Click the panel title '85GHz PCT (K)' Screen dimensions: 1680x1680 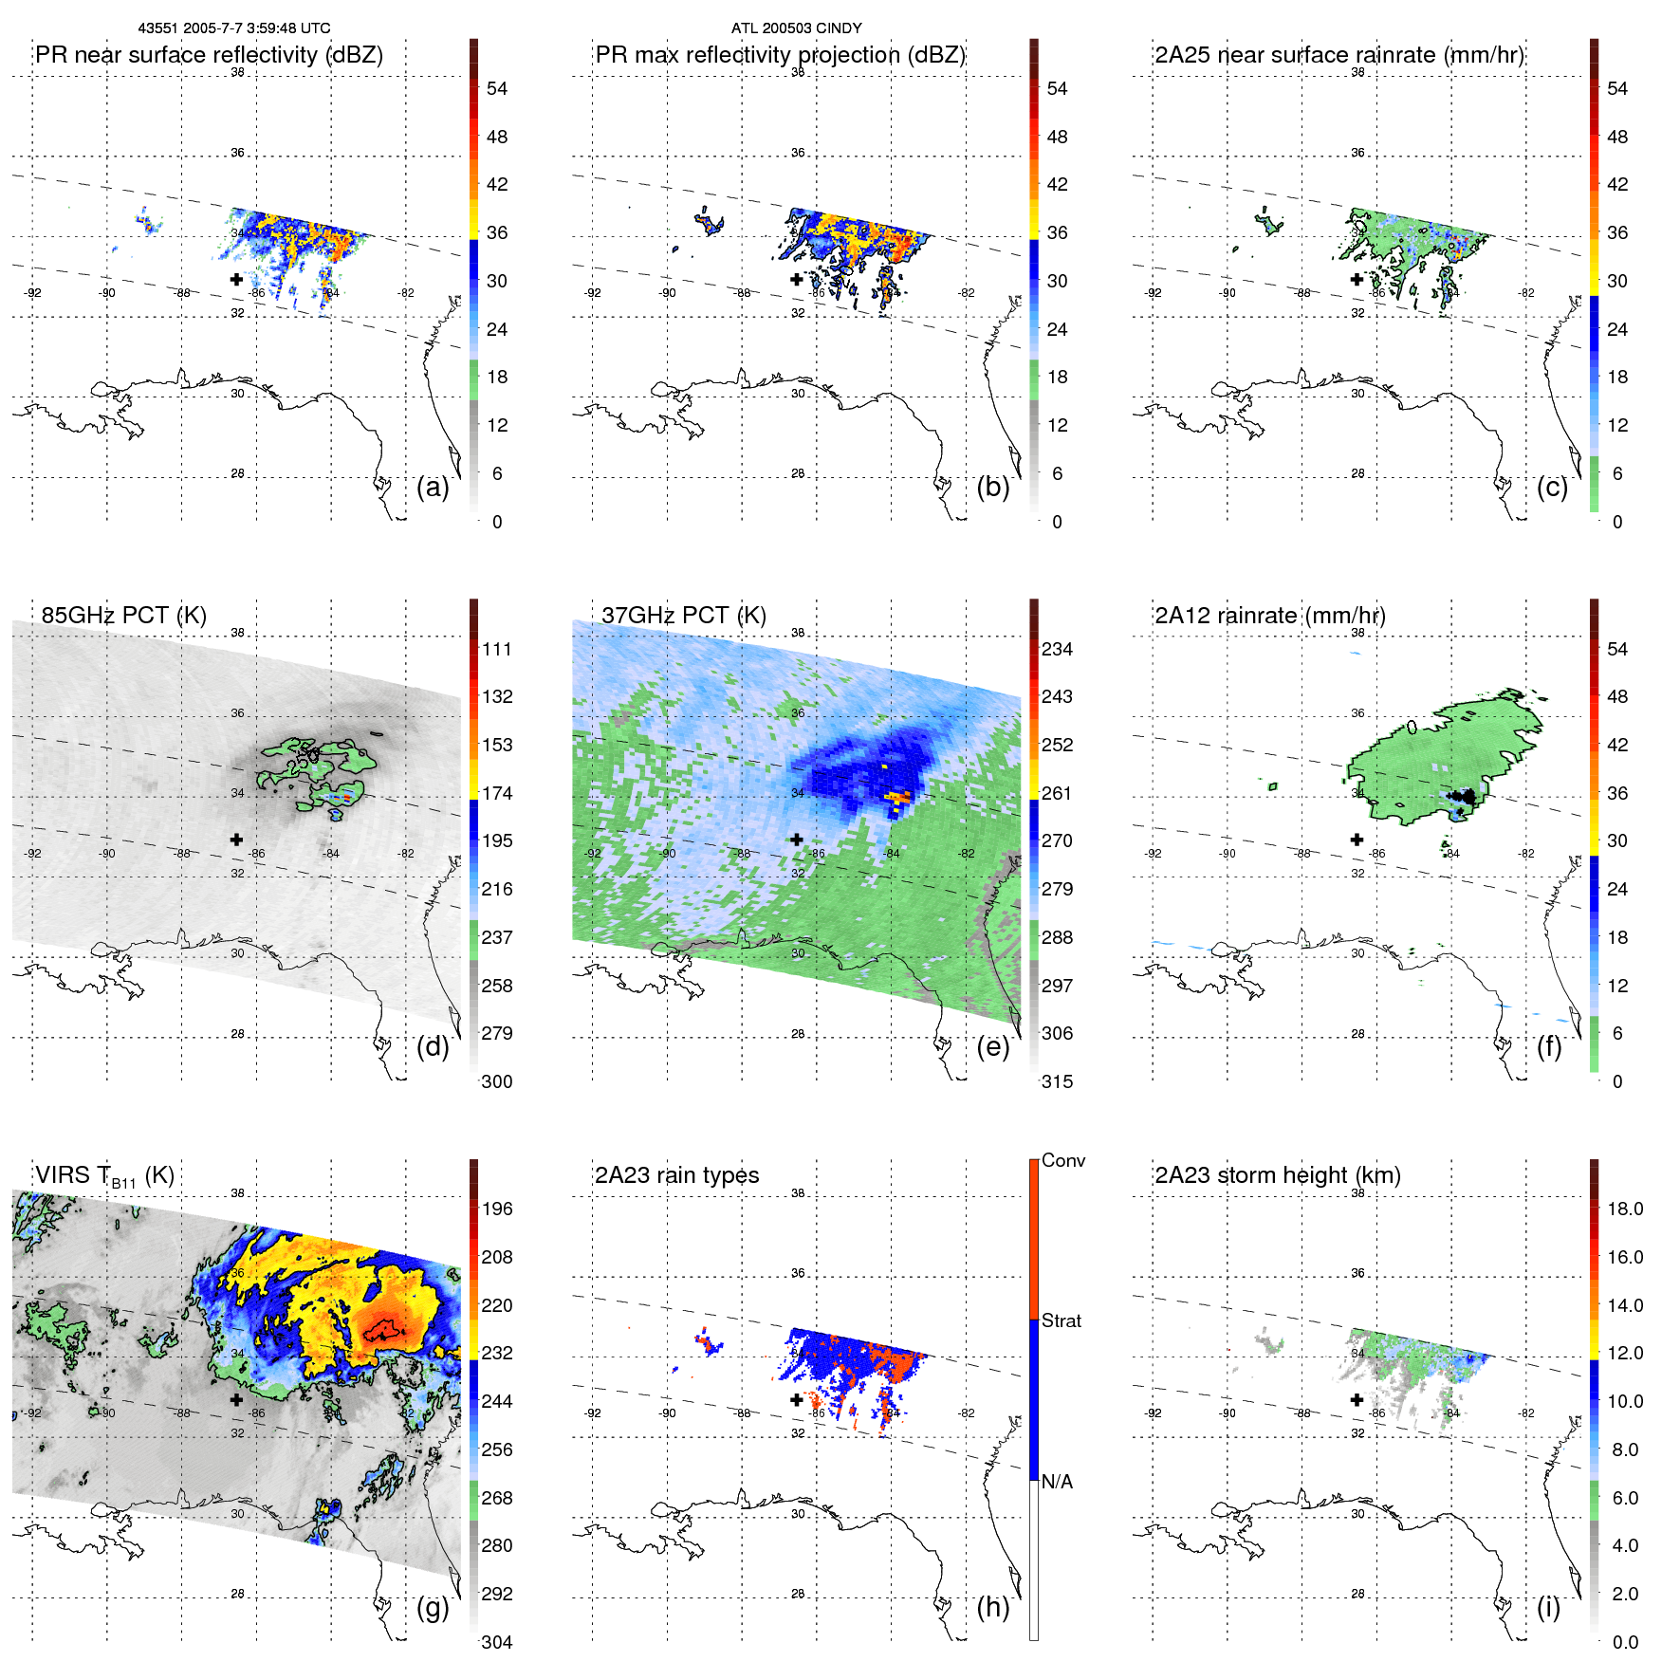[x=123, y=615]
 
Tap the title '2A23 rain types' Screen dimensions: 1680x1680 [x=676, y=1175]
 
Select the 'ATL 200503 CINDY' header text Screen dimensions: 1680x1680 [x=796, y=28]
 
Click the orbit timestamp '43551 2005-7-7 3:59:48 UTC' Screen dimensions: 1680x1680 [x=234, y=28]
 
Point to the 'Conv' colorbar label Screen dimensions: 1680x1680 [x=1062, y=1160]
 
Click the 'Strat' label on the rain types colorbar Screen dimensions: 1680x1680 [x=1061, y=1320]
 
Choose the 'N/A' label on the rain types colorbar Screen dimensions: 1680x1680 [x=1057, y=1482]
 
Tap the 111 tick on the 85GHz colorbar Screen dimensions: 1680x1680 [x=496, y=649]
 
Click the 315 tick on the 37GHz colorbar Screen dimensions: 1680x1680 [x=1057, y=1081]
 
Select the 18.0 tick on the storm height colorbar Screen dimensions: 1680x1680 [x=1624, y=1209]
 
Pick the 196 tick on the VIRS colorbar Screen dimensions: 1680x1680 [x=496, y=1209]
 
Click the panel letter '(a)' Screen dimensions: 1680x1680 [x=433, y=487]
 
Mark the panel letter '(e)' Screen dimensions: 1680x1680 [x=992, y=1046]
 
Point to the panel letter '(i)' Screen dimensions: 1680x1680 [x=1548, y=1607]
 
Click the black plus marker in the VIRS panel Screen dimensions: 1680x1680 [x=236, y=1399]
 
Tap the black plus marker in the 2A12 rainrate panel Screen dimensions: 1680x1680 [x=1357, y=840]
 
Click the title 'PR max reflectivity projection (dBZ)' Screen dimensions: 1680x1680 [x=780, y=55]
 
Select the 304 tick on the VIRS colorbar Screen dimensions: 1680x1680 [x=496, y=1642]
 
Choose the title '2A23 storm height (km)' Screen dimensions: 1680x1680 [x=1277, y=1175]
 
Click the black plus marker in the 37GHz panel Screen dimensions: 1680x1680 [x=797, y=840]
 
